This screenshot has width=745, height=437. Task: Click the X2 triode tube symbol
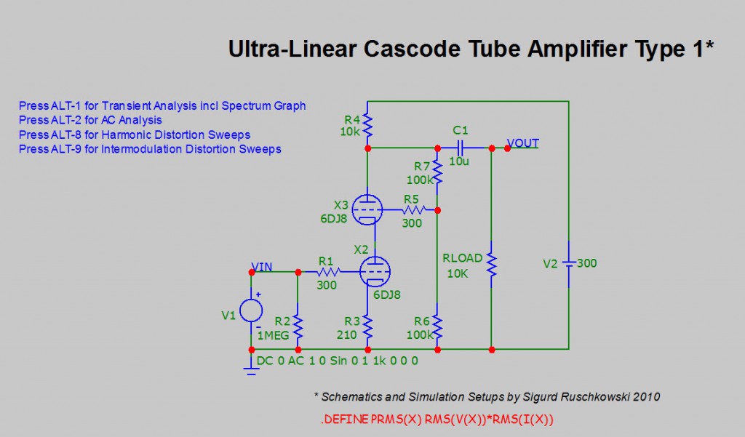(x=376, y=272)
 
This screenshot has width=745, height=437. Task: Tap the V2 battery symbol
(x=568, y=262)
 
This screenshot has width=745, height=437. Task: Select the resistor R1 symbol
(x=326, y=272)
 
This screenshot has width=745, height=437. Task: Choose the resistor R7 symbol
(x=437, y=169)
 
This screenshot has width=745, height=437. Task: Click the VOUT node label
(x=522, y=143)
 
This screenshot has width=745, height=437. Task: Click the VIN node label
(x=262, y=267)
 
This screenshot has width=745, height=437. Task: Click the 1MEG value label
(x=274, y=335)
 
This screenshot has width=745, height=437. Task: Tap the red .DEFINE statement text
(x=438, y=420)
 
